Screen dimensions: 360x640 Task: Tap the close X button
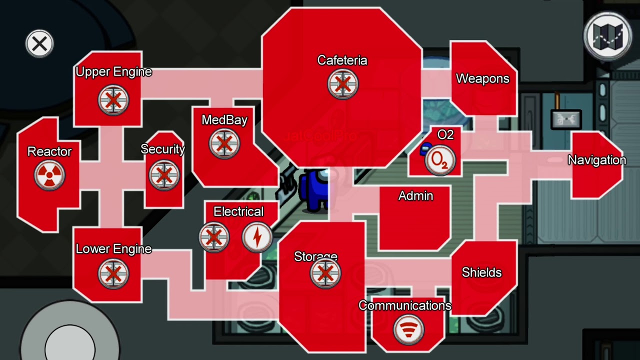(39, 44)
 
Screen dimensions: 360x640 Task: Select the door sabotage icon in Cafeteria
(342, 83)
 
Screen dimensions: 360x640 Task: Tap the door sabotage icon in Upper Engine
(113, 100)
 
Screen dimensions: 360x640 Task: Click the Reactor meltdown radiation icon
(49, 175)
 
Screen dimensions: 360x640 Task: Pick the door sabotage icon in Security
(163, 175)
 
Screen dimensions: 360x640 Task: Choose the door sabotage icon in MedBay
(224, 143)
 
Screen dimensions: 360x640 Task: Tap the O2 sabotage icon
(440, 160)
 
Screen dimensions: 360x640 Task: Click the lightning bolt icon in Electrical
(257, 237)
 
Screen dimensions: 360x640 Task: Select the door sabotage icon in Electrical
(214, 237)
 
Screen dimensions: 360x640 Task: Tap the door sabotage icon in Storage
(325, 273)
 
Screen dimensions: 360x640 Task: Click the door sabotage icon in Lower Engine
(113, 273)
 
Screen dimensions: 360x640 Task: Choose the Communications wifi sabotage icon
(408, 330)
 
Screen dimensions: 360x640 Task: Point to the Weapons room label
(482, 78)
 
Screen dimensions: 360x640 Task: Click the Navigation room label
(597, 160)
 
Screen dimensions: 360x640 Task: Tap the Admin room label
(415, 196)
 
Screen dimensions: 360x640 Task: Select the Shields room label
(481, 272)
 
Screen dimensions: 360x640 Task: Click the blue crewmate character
(315, 190)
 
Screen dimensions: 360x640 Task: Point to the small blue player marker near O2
(425, 148)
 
